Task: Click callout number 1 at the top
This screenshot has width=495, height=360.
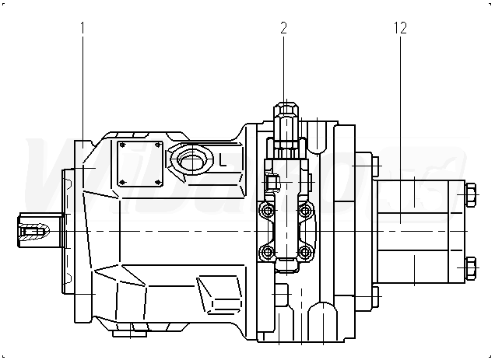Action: coord(82,29)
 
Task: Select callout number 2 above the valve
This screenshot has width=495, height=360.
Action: coord(283,29)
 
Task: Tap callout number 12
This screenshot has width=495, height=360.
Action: coord(400,29)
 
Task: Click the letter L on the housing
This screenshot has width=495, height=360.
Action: coord(223,161)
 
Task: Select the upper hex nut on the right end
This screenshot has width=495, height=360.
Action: coord(471,194)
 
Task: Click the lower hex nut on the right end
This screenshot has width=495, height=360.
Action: coord(471,268)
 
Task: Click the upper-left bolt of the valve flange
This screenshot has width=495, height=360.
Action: coord(269,210)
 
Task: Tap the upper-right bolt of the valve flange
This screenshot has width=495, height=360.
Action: coord(305,210)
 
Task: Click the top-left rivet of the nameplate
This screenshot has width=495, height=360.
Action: coord(121,145)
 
